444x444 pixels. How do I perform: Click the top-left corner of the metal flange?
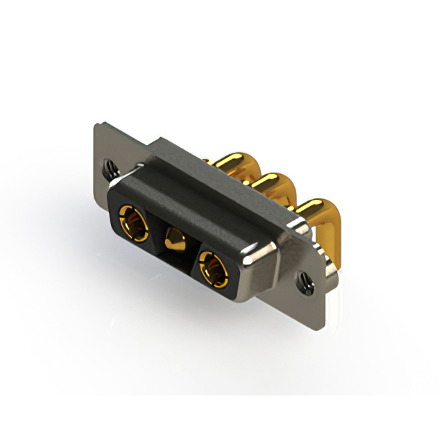pyautogui.click(x=97, y=126)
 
